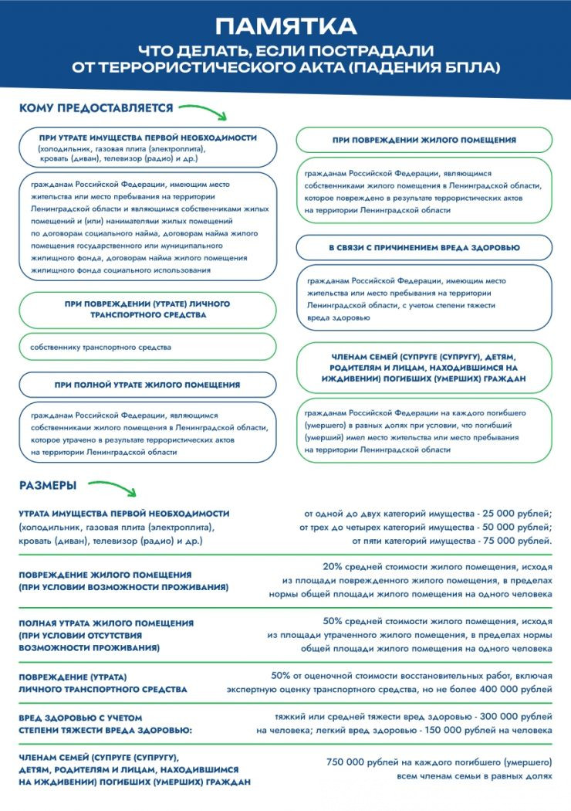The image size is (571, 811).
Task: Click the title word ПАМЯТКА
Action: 285,27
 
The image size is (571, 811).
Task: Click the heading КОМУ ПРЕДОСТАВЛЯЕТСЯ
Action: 96,108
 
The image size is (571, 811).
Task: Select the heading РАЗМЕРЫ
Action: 48,486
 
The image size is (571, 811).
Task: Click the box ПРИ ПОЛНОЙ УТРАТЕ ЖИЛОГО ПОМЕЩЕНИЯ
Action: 147,385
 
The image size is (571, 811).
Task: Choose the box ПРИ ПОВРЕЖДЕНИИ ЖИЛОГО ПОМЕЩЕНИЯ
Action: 424,140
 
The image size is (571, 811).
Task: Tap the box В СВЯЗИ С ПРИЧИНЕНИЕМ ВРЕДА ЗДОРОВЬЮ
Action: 424,248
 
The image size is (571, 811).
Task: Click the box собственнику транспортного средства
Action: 147,348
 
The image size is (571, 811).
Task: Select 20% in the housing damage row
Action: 338,566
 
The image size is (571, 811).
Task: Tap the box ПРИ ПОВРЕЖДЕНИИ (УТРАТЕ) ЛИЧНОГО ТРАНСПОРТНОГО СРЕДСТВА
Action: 147,310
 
